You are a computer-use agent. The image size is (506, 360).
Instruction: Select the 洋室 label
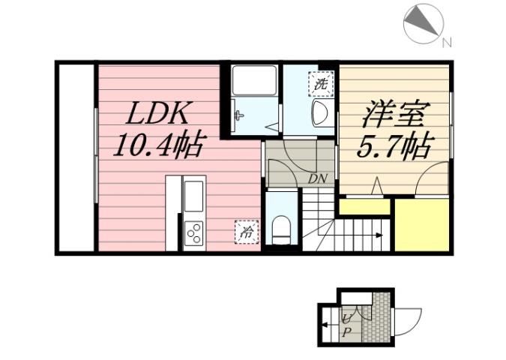pyautogui.click(x=395, y=115)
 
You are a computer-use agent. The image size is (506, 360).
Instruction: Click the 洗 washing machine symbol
pyautogui.click(x=321, y=85)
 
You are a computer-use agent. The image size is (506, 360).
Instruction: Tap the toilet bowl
pyautogui.click(x=282, y=227)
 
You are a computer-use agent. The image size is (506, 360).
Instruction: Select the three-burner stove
pyautogui.click(x=193, y=234)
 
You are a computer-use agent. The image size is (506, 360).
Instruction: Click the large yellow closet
pyautogui.click(x=421, y=225)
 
